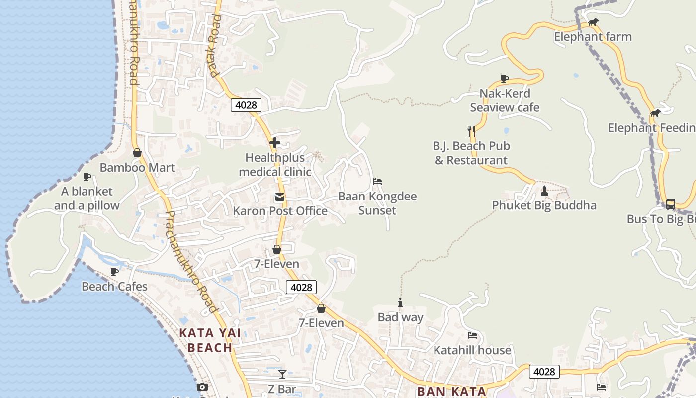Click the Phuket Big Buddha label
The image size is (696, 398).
click(x=544, y=205)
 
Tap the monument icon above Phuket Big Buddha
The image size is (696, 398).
click(x=544, y=191)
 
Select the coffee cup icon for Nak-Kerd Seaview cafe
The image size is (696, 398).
click(x=505, y=78)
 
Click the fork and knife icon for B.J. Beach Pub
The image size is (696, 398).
click(x=471, y=131)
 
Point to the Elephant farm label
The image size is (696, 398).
click(x=593, y=37)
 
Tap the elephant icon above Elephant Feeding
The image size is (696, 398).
click(x=655, y=113)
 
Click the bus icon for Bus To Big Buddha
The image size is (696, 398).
click(x=670, y=204)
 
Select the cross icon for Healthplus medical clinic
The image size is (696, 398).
click(x=274, y=143)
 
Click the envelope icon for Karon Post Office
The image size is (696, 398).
click(x=280, y=197)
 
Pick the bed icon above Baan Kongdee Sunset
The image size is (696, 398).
click(x=377, y=182)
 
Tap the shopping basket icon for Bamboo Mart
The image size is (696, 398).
click(x=137, y=153)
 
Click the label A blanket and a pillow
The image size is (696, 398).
click(x=87, y=199)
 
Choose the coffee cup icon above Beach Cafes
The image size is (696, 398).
click(x=114, y=272)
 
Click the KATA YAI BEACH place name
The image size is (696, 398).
click(x=210, y=340)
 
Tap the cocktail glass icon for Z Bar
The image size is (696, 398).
click(x=282, y=374)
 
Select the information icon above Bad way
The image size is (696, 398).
click(x=400, y=302)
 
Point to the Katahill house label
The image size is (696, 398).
click(x=472, y=350)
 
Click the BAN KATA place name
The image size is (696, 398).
click(x=451, y=391)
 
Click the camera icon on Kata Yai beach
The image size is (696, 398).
click(x=202, y=387)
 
